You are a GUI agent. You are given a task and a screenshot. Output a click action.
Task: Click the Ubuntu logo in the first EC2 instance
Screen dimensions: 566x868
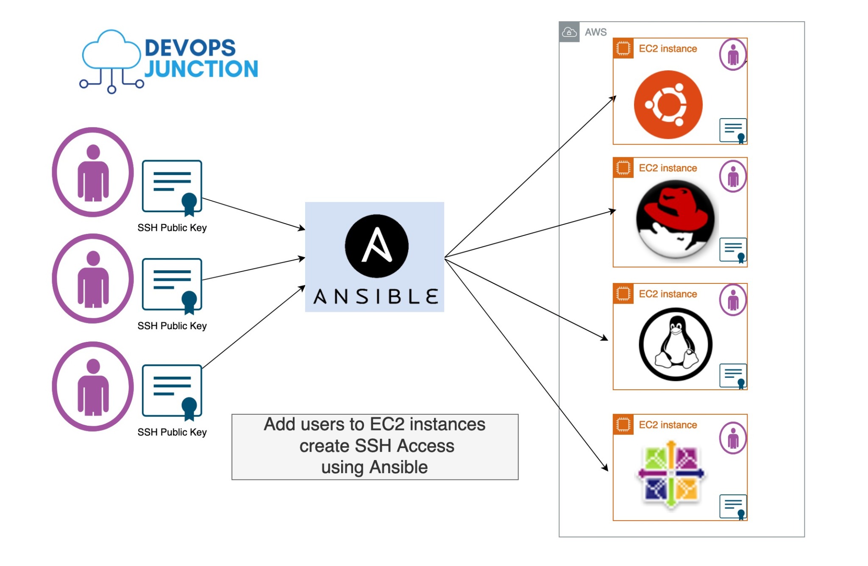tap(668, 105)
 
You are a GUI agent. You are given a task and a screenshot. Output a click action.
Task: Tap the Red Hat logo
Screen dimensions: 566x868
tap(675, 219)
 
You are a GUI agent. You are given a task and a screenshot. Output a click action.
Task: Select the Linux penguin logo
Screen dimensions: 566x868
tap(675, 344)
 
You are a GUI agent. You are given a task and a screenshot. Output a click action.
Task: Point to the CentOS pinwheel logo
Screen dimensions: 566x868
tap(671, 474)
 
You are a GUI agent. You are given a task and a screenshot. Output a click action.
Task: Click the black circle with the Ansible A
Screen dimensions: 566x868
tap(376, 246)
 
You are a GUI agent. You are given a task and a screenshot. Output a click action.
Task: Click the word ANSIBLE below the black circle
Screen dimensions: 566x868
tap(376, 297)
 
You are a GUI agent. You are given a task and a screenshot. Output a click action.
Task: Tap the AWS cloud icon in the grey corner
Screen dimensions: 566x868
tap(569, 32)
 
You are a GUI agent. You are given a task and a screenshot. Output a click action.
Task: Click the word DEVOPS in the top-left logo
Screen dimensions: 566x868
tap(190, 48)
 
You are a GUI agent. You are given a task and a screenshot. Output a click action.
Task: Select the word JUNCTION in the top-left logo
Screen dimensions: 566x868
tap(201, 69)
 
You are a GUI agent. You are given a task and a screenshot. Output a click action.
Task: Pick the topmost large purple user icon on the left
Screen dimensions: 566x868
tap(93, 172)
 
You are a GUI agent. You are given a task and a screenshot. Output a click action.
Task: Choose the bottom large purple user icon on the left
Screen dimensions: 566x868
tap(93, 386)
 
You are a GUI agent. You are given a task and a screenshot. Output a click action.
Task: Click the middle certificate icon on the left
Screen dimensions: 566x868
tap(172, 285)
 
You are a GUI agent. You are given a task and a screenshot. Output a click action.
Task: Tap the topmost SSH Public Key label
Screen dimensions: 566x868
tap(172, 228)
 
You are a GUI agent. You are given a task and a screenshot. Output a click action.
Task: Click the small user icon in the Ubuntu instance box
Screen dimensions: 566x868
tap(733, 55)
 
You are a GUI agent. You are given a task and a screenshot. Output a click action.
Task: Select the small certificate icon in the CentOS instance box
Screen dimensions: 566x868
tap(733, 506)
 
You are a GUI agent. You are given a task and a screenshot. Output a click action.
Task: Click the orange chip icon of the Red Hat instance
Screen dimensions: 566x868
tap(623, 168)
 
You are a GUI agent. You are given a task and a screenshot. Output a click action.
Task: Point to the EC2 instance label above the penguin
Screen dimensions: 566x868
tap(668, 294)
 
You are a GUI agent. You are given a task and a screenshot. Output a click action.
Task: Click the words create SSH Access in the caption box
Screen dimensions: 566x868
tap(376, 446)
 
